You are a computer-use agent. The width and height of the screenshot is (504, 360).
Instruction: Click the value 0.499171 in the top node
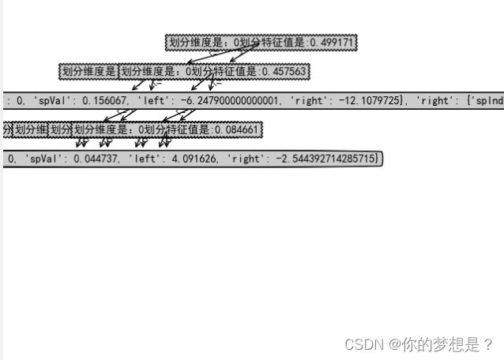[332, 42]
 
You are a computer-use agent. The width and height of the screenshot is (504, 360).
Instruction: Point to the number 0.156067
[105, 101]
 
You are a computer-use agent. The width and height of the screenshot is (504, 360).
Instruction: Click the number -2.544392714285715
[320, 159]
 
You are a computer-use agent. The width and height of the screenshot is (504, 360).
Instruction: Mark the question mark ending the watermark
[488, 345]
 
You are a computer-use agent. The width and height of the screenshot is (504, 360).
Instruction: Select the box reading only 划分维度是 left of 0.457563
[88, 72]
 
